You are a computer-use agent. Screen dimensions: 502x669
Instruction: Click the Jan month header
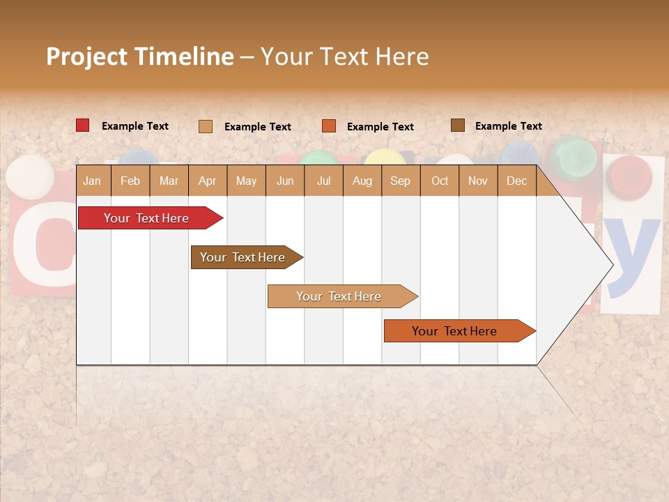tap(92, 181)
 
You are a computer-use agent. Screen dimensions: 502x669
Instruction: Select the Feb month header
tap(130, 181)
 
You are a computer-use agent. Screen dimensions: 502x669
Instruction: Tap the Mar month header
tap(169, 181)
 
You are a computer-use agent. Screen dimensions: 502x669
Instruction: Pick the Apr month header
tap(207, 181)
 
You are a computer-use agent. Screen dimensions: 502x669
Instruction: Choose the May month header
tap(246, 181)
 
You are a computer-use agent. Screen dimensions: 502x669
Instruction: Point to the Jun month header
tap(285, 181)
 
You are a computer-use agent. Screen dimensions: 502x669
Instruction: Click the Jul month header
tap(323, 181)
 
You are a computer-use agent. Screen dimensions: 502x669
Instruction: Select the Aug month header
tap(362, 181)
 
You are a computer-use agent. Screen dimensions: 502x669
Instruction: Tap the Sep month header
tap(400, 181)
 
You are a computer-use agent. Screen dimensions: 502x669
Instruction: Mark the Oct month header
tap(440, 181)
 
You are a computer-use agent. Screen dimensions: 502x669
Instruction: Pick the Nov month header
tap(478, 181)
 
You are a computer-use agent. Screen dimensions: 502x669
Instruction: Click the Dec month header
tap(516, 181)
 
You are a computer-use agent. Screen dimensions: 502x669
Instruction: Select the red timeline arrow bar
tap(146, 218)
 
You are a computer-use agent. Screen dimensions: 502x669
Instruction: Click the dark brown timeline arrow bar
tap(243, 257)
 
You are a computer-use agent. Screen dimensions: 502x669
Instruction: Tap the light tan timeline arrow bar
tap(339, 296)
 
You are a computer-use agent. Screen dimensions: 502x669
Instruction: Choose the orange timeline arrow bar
tap(454, 331)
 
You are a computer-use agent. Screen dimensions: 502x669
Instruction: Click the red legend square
tap(82, 125)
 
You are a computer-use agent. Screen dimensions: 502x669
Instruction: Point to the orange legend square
tap(329, 126)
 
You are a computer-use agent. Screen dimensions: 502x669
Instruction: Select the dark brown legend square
tap(457, 125)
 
